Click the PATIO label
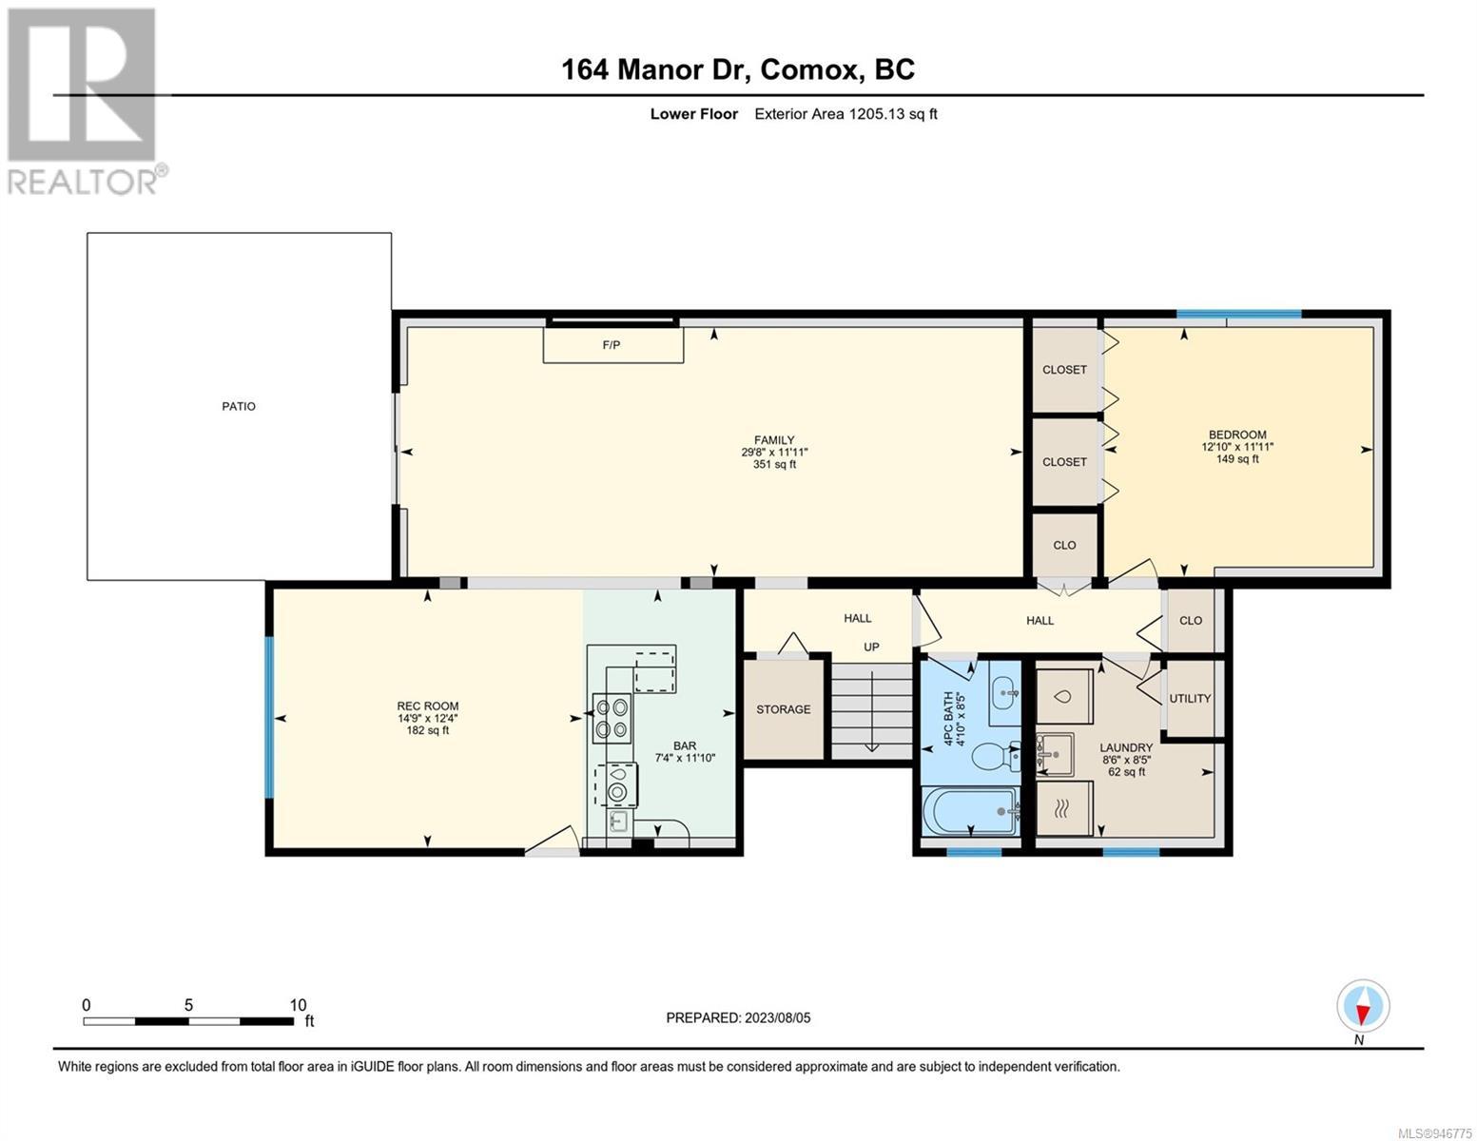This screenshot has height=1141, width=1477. [x=239, y=406]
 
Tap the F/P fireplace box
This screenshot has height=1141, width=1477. [x=612, y=345]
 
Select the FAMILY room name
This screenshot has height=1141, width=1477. [x=774, y=439]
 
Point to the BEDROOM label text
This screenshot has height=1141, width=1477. [x=1237, y=435]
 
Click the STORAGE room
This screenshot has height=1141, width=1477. [x=783, y=708]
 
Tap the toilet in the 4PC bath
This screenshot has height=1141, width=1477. [x=997, y=756]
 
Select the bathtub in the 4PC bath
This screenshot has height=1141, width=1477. [x=971, y=811]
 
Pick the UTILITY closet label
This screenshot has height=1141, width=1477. [x=1190, y=698]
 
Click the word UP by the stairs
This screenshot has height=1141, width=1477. [x=871, y=647]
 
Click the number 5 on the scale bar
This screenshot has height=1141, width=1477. [x=188, y=1004]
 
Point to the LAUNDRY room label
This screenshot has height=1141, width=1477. [x=1126, y=747]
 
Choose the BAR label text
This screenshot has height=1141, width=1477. [x=685, y=745]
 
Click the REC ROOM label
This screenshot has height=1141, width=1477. [x=428, y=706]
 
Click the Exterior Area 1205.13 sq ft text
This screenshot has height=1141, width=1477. [x=845, y=114]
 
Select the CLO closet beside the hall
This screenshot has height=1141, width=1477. [x=1191, y=621]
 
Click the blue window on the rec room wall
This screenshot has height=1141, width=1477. [x=269, y=717]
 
